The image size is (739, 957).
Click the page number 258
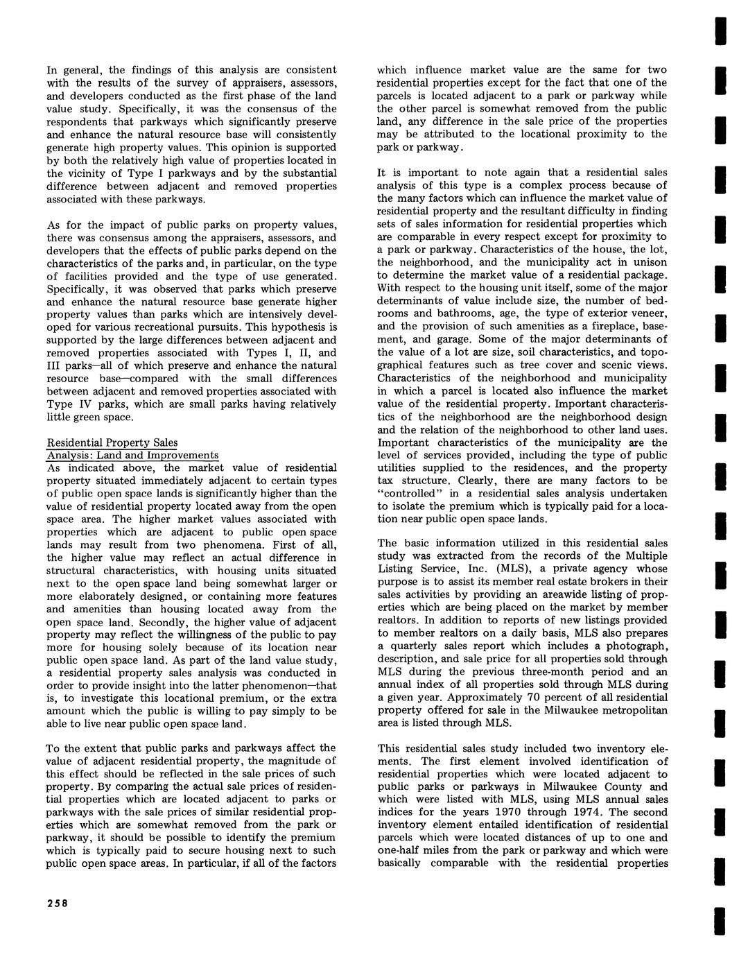pyautogui.click(x=57, y=902)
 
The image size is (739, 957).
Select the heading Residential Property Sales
pyautogui.click(x=112, y=442)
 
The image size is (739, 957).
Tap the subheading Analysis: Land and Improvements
pyautogui.click(x=132, y=455)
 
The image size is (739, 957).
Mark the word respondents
pyautogui.click(x=75, y=122)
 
